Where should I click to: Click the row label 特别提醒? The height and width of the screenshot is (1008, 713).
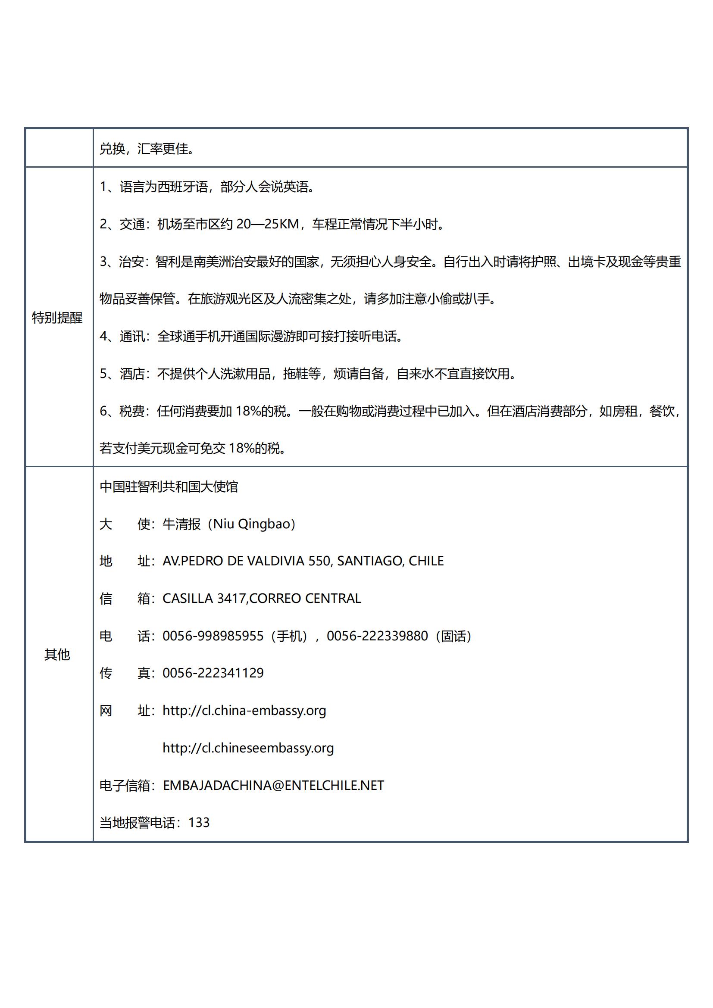[57, 318]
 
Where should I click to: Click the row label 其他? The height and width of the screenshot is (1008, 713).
[57, 655]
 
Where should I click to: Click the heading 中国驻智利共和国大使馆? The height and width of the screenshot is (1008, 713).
[169, 487]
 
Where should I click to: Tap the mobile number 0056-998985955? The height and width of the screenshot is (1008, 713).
[213, 636]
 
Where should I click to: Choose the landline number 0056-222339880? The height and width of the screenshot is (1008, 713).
[377, 636]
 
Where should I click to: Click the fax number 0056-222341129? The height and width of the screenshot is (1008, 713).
[213, 673]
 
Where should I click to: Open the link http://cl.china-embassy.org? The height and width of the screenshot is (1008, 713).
[244, 711]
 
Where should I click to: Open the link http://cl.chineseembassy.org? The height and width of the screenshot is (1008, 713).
[248, 748]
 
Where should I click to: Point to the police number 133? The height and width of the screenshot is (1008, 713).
[199, 823]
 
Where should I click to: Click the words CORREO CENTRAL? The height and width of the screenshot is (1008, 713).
[305, 599]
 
